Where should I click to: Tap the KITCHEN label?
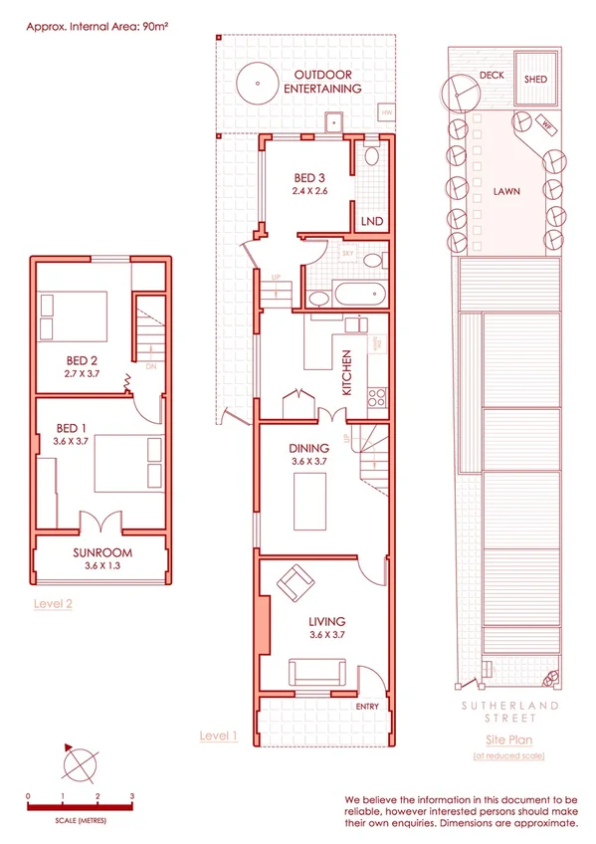[346, 373]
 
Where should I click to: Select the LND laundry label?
[371, 221]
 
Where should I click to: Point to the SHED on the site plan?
[535, 80]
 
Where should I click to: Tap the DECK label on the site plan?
[492, 75]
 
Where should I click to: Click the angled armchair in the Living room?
[295, 583]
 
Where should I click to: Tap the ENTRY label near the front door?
[366, 706]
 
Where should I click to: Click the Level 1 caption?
[219, 736]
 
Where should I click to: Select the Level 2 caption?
[53, 602]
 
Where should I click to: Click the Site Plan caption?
[509, 739]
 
